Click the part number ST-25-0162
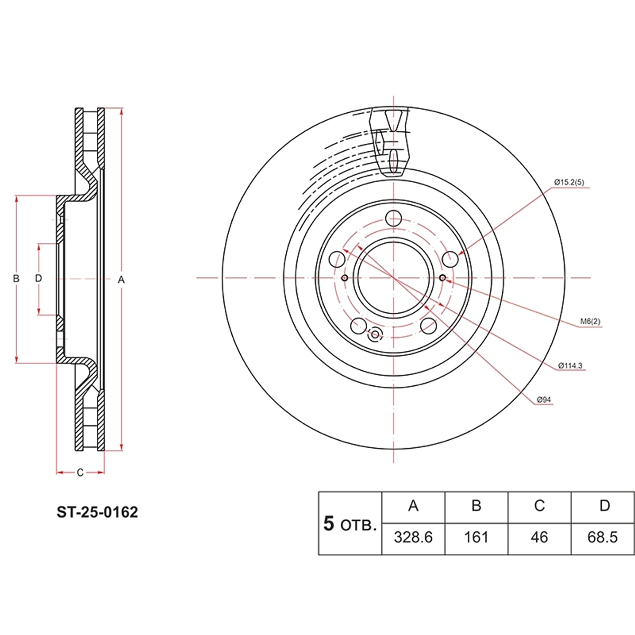pos(97,512)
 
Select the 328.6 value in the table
pos(413,538)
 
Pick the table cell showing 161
pos(476,538)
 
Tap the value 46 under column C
pos(539,538)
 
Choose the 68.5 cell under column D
pos(602,538)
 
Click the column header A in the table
pos(413,505)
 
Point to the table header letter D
pos(605,505)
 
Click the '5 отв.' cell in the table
pos(350,524)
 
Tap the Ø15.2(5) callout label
pos(569,182)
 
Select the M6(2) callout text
pos(590,321)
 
